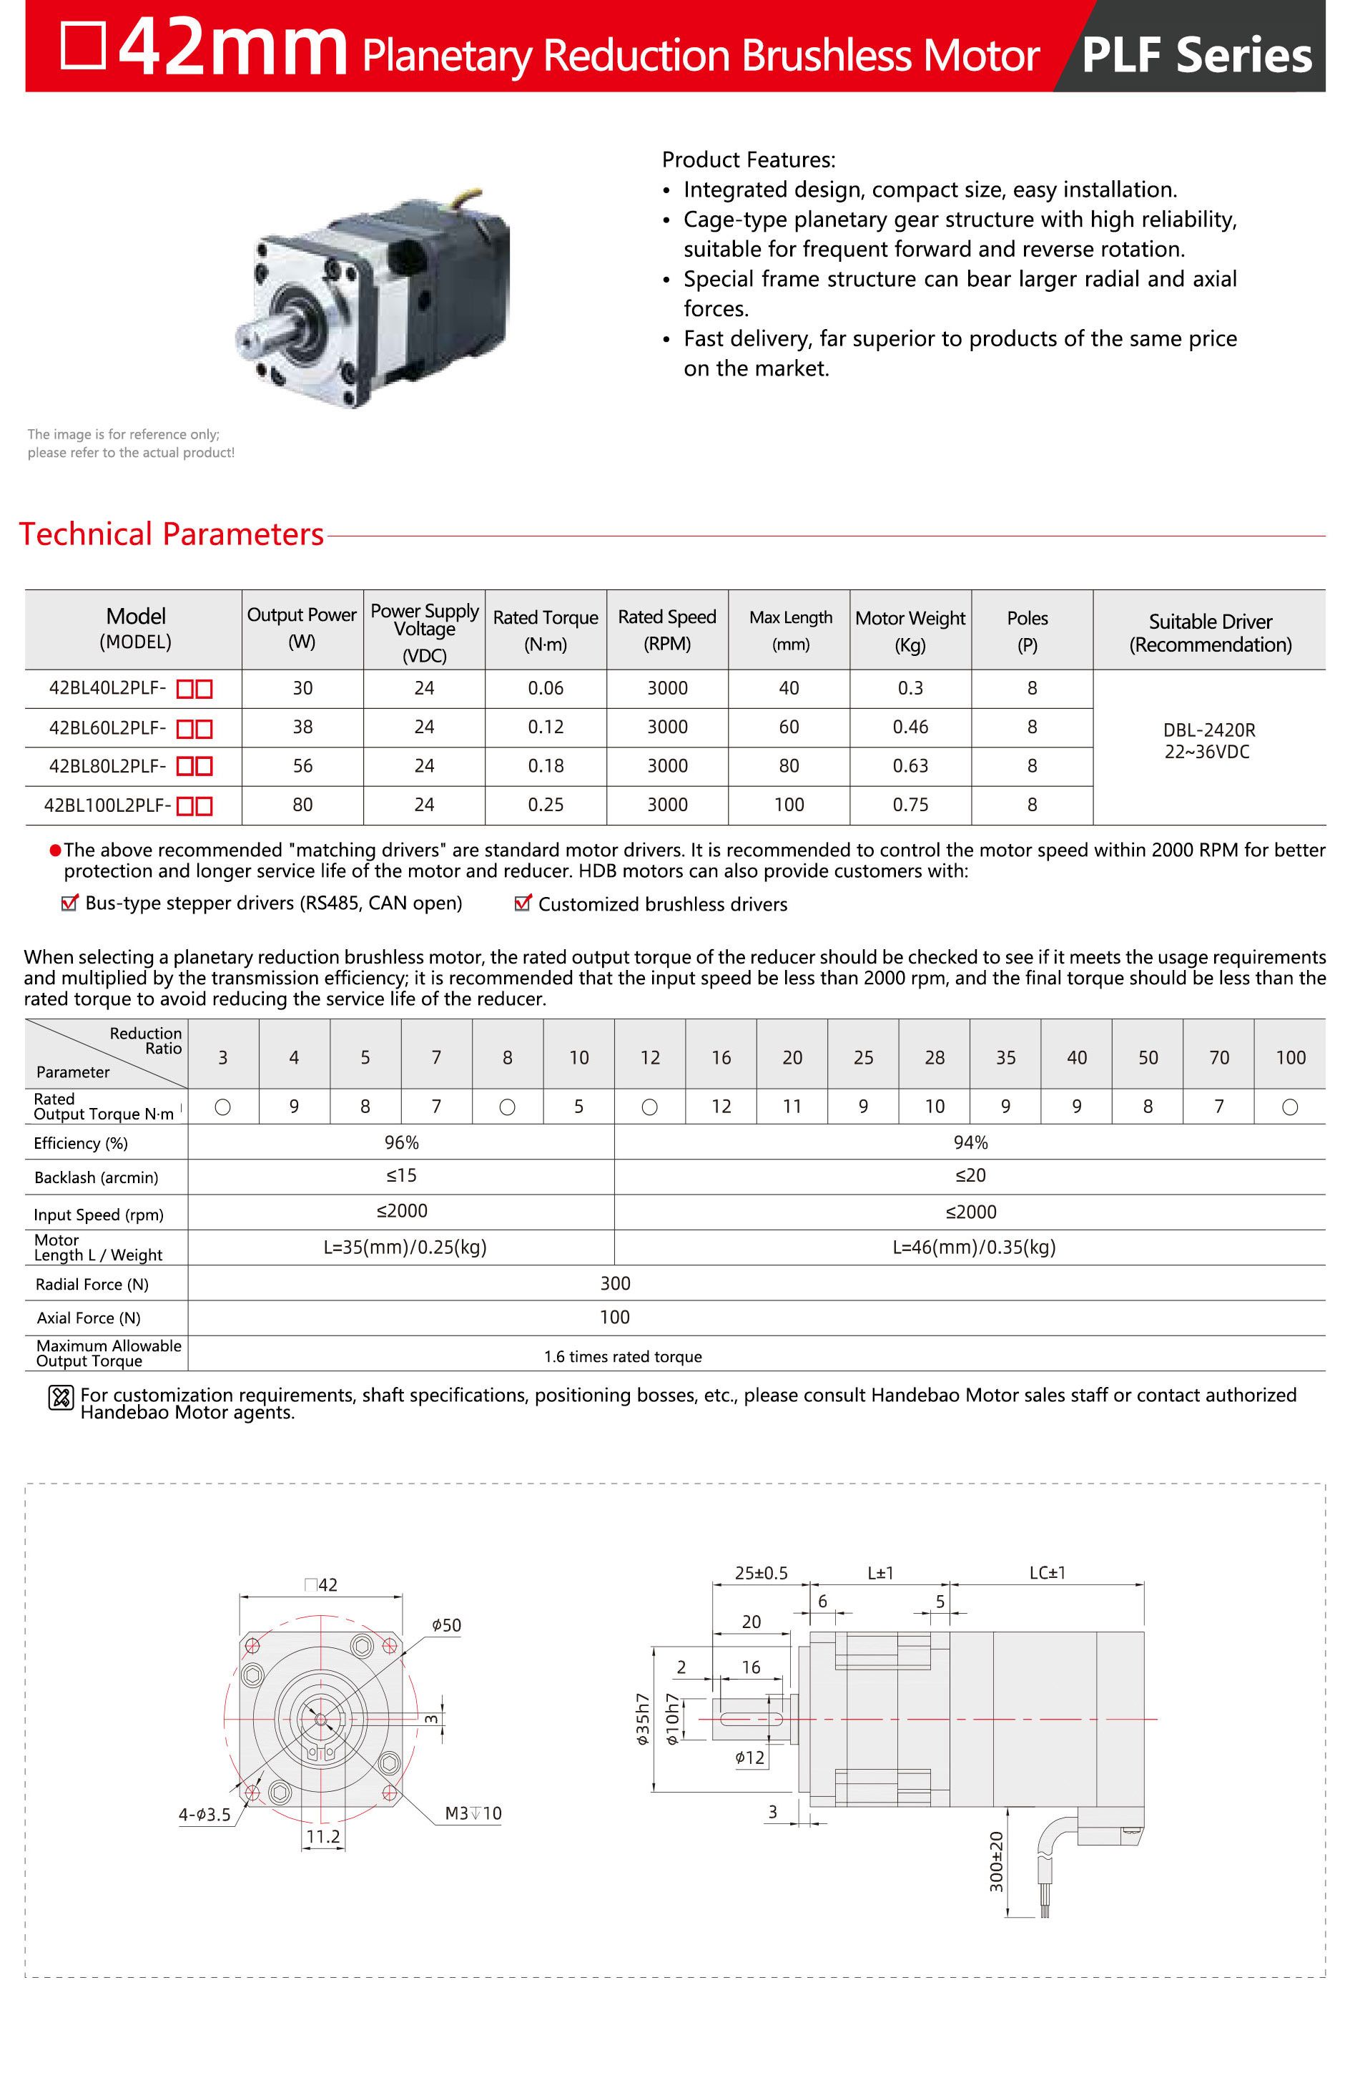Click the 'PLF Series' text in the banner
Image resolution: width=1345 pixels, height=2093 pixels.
pyautogui.click(x=1196, y=54)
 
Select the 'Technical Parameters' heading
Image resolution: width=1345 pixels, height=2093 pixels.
pyautogui.click(x=171, y=534)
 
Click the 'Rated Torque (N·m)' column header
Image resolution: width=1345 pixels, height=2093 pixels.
pyautogui.click(x=545, y=629)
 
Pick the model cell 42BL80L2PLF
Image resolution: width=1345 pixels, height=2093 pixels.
pyautogui.click(x=107, y=766)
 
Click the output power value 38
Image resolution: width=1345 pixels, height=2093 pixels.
pyautogui.click(x=302, y=727)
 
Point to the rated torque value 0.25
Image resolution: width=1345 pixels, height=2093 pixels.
pyautogui.click(x=545, y=805)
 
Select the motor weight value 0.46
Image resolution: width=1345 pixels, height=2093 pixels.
pyautogui.click(x=910, y=727)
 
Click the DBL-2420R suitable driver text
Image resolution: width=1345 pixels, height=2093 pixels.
pyautogui.click(x=1208, y=730)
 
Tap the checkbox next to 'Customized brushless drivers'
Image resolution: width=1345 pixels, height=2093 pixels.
pyautogui.click(x=522, y=903)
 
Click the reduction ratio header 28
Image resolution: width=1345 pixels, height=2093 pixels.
pyautogui.click(x=934, y=1058)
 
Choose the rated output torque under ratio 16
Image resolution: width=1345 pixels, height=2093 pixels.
pyautogui.click(x=721, y=1107)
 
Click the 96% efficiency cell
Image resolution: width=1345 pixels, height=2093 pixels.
pyautogui.click(x=401, y=1142)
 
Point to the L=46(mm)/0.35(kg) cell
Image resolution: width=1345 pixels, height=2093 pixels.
pyautogui.click(x=974, y=1248)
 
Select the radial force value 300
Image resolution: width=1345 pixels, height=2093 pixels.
pyautogui.click(x=615, y=1283)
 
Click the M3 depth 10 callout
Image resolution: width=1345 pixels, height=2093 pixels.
pyautogui.click(x=473, y=1813)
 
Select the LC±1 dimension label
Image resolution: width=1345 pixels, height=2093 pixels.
pyautogui.click(x=1046, y=1573)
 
